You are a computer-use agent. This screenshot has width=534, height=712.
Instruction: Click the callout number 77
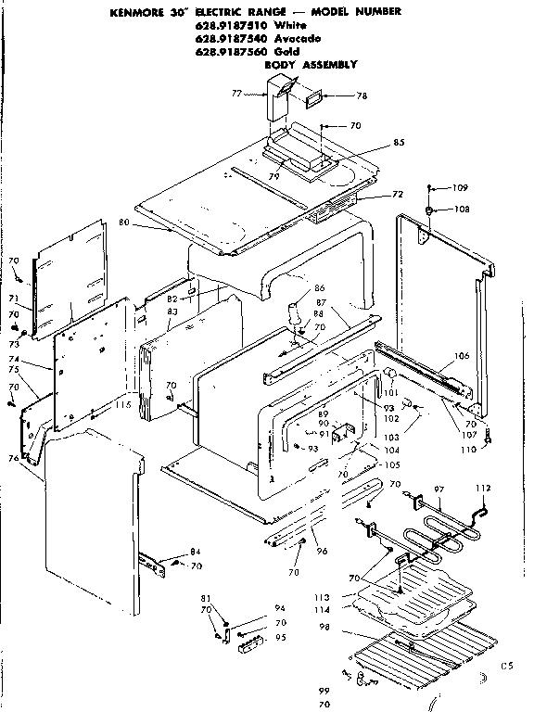point(236,94)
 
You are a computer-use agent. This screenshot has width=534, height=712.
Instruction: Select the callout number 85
point(374,143)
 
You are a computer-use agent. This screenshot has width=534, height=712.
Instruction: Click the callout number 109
point(461,188)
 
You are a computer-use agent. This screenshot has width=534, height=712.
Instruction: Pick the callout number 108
point(462,210)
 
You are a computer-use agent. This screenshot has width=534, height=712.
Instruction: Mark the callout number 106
point(463,355)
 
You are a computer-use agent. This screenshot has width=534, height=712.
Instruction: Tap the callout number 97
point(439,489)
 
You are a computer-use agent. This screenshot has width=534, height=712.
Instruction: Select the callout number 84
point(195,553)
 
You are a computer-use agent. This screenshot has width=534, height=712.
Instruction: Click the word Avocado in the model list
point(297,39)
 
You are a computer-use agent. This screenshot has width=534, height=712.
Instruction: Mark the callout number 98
point(324,628)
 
